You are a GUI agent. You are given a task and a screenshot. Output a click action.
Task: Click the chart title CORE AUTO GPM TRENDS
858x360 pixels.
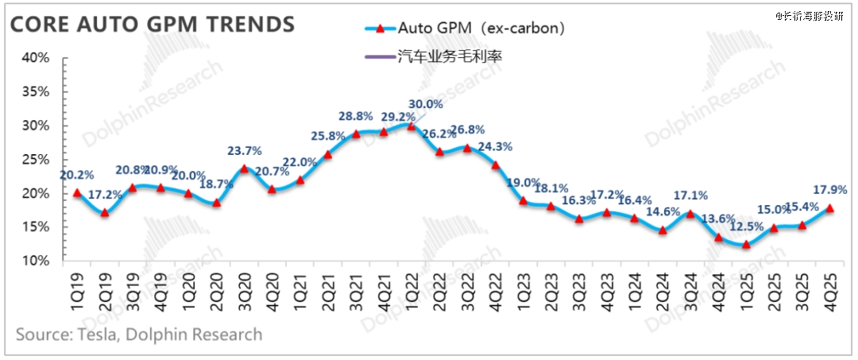(x=152, y=25)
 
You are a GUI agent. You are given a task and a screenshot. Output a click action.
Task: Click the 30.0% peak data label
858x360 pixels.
(x=426, y=104)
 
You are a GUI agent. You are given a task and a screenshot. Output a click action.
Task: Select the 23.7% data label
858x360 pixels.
(x=244, y=151)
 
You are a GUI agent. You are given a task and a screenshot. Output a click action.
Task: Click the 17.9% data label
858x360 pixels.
(x=831, y=191)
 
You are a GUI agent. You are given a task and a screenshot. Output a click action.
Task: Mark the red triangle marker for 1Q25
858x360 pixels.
(x=746, y=245)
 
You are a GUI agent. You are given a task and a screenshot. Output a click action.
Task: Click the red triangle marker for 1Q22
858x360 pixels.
(x=411, y=126)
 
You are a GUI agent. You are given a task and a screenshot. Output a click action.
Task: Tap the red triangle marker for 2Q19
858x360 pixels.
(x=104, y=213)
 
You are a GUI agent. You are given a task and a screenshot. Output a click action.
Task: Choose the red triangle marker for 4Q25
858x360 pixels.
(x=830, y=208)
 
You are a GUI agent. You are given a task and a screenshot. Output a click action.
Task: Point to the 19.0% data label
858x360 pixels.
(x=524, y=182)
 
